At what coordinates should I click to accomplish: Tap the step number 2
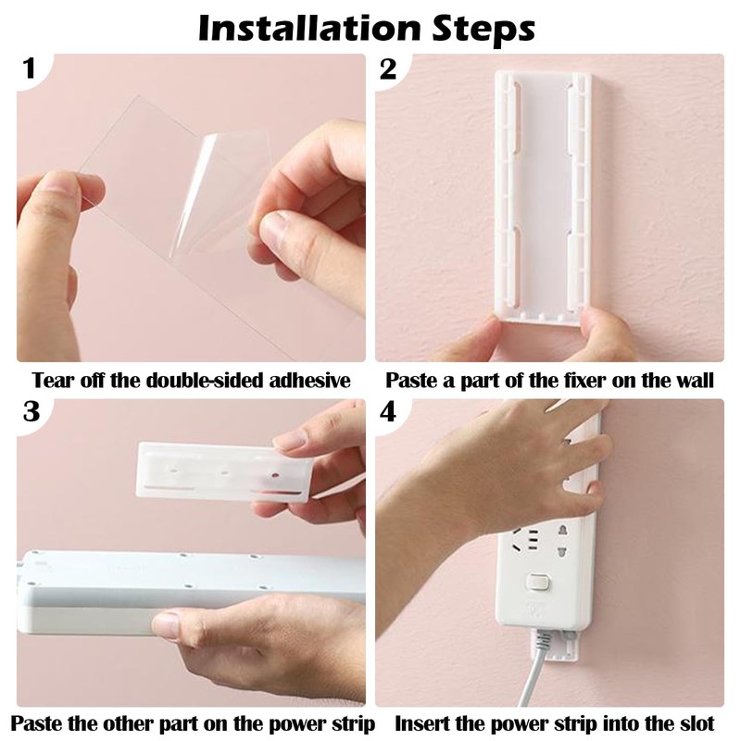click(x=388, y=70)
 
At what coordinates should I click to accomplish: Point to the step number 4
click(x=388, y=413)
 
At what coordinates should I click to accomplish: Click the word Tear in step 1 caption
click(x=52, y=380)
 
